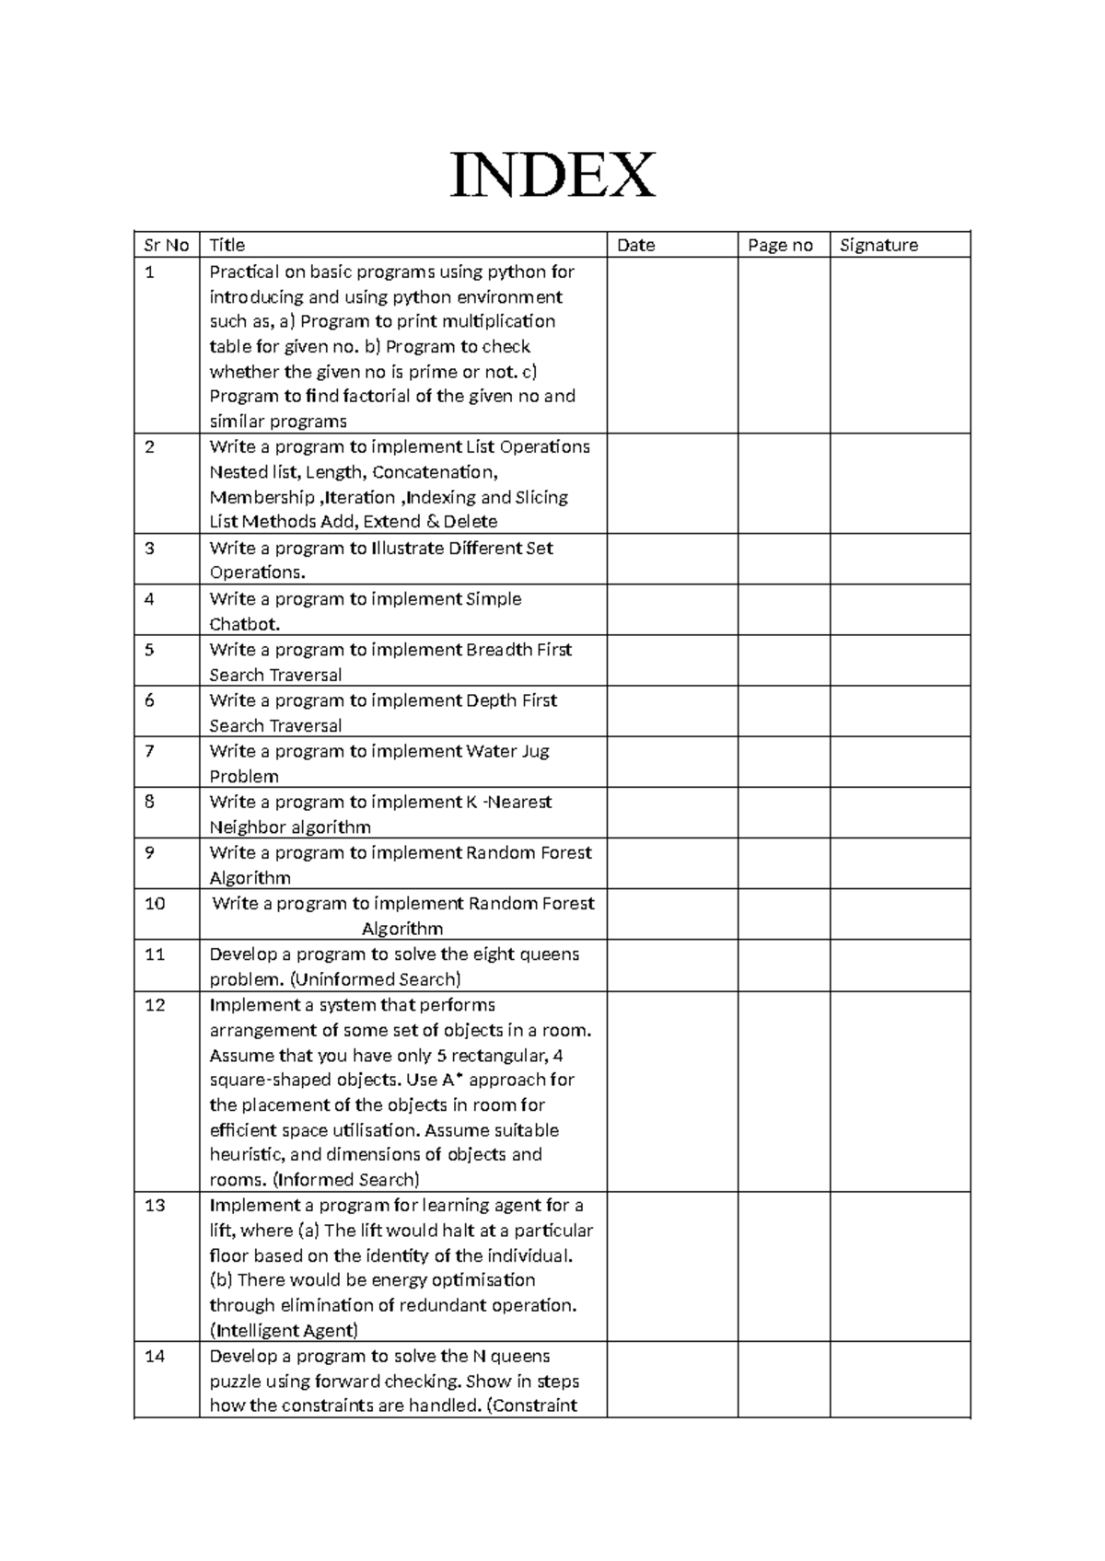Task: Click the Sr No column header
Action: (167, 245)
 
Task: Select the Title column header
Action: (227, 245)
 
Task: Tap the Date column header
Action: (636, 245)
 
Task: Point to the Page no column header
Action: (781, 245)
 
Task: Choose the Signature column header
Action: (878, 245)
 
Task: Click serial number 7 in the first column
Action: (150, 751)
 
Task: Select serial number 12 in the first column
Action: (155, 1005)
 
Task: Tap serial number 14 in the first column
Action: (155, 1356)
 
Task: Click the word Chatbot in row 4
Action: (244, 624)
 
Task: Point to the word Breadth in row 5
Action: (499, 650)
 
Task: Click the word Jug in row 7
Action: (535, 751)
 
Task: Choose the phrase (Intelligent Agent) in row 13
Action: (284, 1330)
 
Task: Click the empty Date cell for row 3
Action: (671, 560)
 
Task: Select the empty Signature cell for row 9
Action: (900, 863)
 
